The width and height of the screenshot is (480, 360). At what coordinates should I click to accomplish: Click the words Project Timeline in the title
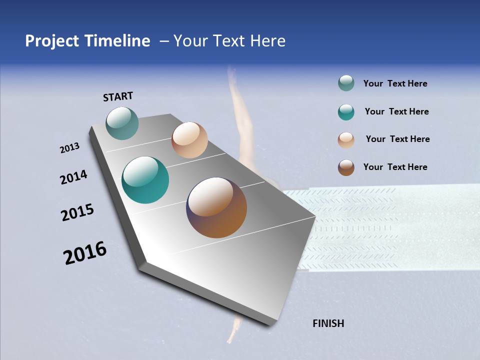pyautogui.click(x=87, y=41)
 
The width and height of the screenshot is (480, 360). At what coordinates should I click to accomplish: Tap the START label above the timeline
pyautogui.click(x=118, y=96)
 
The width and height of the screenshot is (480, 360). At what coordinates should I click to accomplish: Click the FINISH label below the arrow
pyautogui.click(x=328, y=323)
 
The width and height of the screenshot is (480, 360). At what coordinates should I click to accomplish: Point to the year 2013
pyautogui.click(x=69, y=148)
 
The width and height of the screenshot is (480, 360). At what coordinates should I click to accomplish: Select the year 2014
pyautogui.click(x=73, y=177)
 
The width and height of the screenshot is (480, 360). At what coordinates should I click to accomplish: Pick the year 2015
pyautogui.click(x=77, y=212)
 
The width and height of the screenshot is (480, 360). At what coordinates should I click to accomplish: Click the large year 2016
pyautogui.click(x=85, y=253)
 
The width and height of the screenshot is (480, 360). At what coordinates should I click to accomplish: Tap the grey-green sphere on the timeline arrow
pyautogui.click(x=122, y=123)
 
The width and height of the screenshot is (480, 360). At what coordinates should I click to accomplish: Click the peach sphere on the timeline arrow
pyautogui.click(x=189, y=140)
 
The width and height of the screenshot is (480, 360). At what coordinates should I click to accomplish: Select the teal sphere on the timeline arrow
pyautogui.click(x=145, y=180)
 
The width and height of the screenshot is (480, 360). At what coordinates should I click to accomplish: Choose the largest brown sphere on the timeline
pyautogui.click(x=216, y=207)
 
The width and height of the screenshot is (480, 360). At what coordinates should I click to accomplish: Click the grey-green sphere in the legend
pyautogui.click(x=346, y=83)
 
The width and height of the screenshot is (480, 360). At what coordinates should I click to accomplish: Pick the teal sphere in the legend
pyautogui.click(x=346, y=112)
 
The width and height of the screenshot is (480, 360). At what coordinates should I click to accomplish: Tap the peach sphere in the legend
pyautogui.click(x=346, y=139)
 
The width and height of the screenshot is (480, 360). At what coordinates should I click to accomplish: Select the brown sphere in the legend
pyautogui.click(x=346, y=167)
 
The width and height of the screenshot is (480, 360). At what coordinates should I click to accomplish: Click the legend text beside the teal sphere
pyautogui.click(x=396, y=111)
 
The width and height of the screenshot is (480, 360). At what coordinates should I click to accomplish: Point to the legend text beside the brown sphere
pyautogui.click(x=395, y=167)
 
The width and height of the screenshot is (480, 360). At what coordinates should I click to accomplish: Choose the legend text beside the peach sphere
pyautogui.click(x=397, y=139)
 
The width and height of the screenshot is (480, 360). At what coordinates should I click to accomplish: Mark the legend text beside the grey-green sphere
pyautogui.click(x=395, y=83)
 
